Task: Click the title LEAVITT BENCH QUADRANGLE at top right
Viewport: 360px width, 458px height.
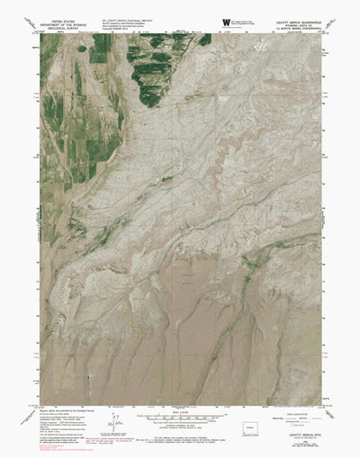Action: click(289, 20)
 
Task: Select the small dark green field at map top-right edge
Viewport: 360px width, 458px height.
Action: click(205, 40)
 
